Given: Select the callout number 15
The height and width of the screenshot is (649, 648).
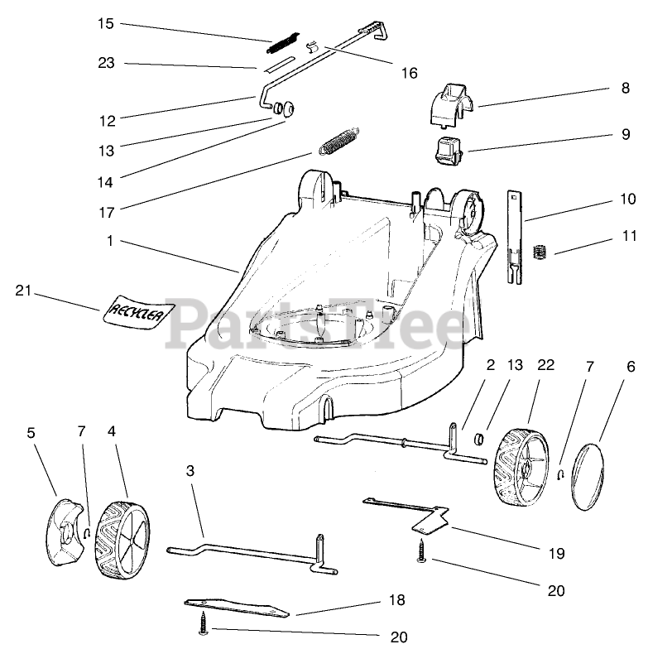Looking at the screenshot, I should pos(105,23).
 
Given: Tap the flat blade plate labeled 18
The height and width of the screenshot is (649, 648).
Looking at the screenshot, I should pos(237,608).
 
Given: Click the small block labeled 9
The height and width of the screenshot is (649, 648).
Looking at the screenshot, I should pos(448,153).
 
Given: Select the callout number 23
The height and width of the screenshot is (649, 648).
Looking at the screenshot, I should pos(105,63).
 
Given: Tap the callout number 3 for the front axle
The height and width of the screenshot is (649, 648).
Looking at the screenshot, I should pos(190,470).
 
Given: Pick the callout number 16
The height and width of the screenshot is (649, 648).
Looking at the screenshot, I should pos(409,73).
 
